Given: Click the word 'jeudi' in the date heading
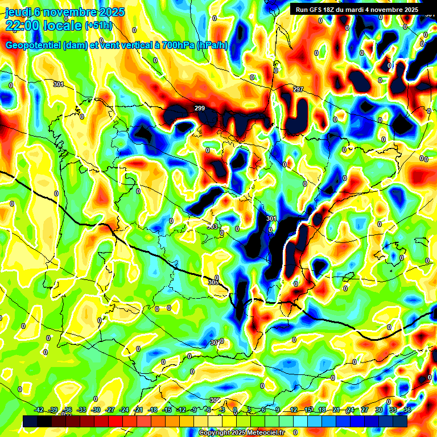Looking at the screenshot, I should point(17,12).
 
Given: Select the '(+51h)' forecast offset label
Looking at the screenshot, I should point(98,26).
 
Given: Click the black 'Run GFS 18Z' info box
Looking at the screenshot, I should point(356,10).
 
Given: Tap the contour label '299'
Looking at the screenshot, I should point(200,108).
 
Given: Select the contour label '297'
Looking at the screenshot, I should point(298,90).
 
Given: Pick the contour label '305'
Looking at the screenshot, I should point(213,282).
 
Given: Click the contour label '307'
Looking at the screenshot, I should point(215,343).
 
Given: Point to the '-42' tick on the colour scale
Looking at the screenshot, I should point(39,410).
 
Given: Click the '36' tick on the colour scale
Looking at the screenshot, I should point(407,410).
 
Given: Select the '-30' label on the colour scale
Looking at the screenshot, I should point(96,410).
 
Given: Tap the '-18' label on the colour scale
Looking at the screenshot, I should point(152,410).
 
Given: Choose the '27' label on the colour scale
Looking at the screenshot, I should point(364,410).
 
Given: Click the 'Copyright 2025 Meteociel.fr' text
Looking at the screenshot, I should point(241,432).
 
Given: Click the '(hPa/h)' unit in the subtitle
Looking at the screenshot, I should point(212,46).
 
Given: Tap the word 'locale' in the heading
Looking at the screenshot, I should point(64,26).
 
